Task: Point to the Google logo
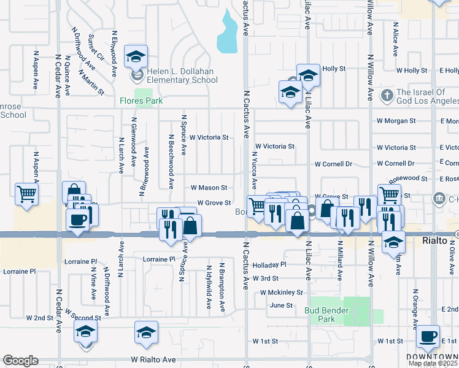click(x=20, y=361)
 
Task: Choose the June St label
click(x=281, y=305)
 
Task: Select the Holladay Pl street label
click(x=269, y=264)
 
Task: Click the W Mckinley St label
click(x=282, y=293)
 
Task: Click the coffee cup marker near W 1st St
click(x=428, y=336)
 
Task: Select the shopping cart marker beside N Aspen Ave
click(x=27, y=194)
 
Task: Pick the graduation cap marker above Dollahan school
click(x=136, y=57)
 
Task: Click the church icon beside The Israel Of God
click(x=387, y=95)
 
